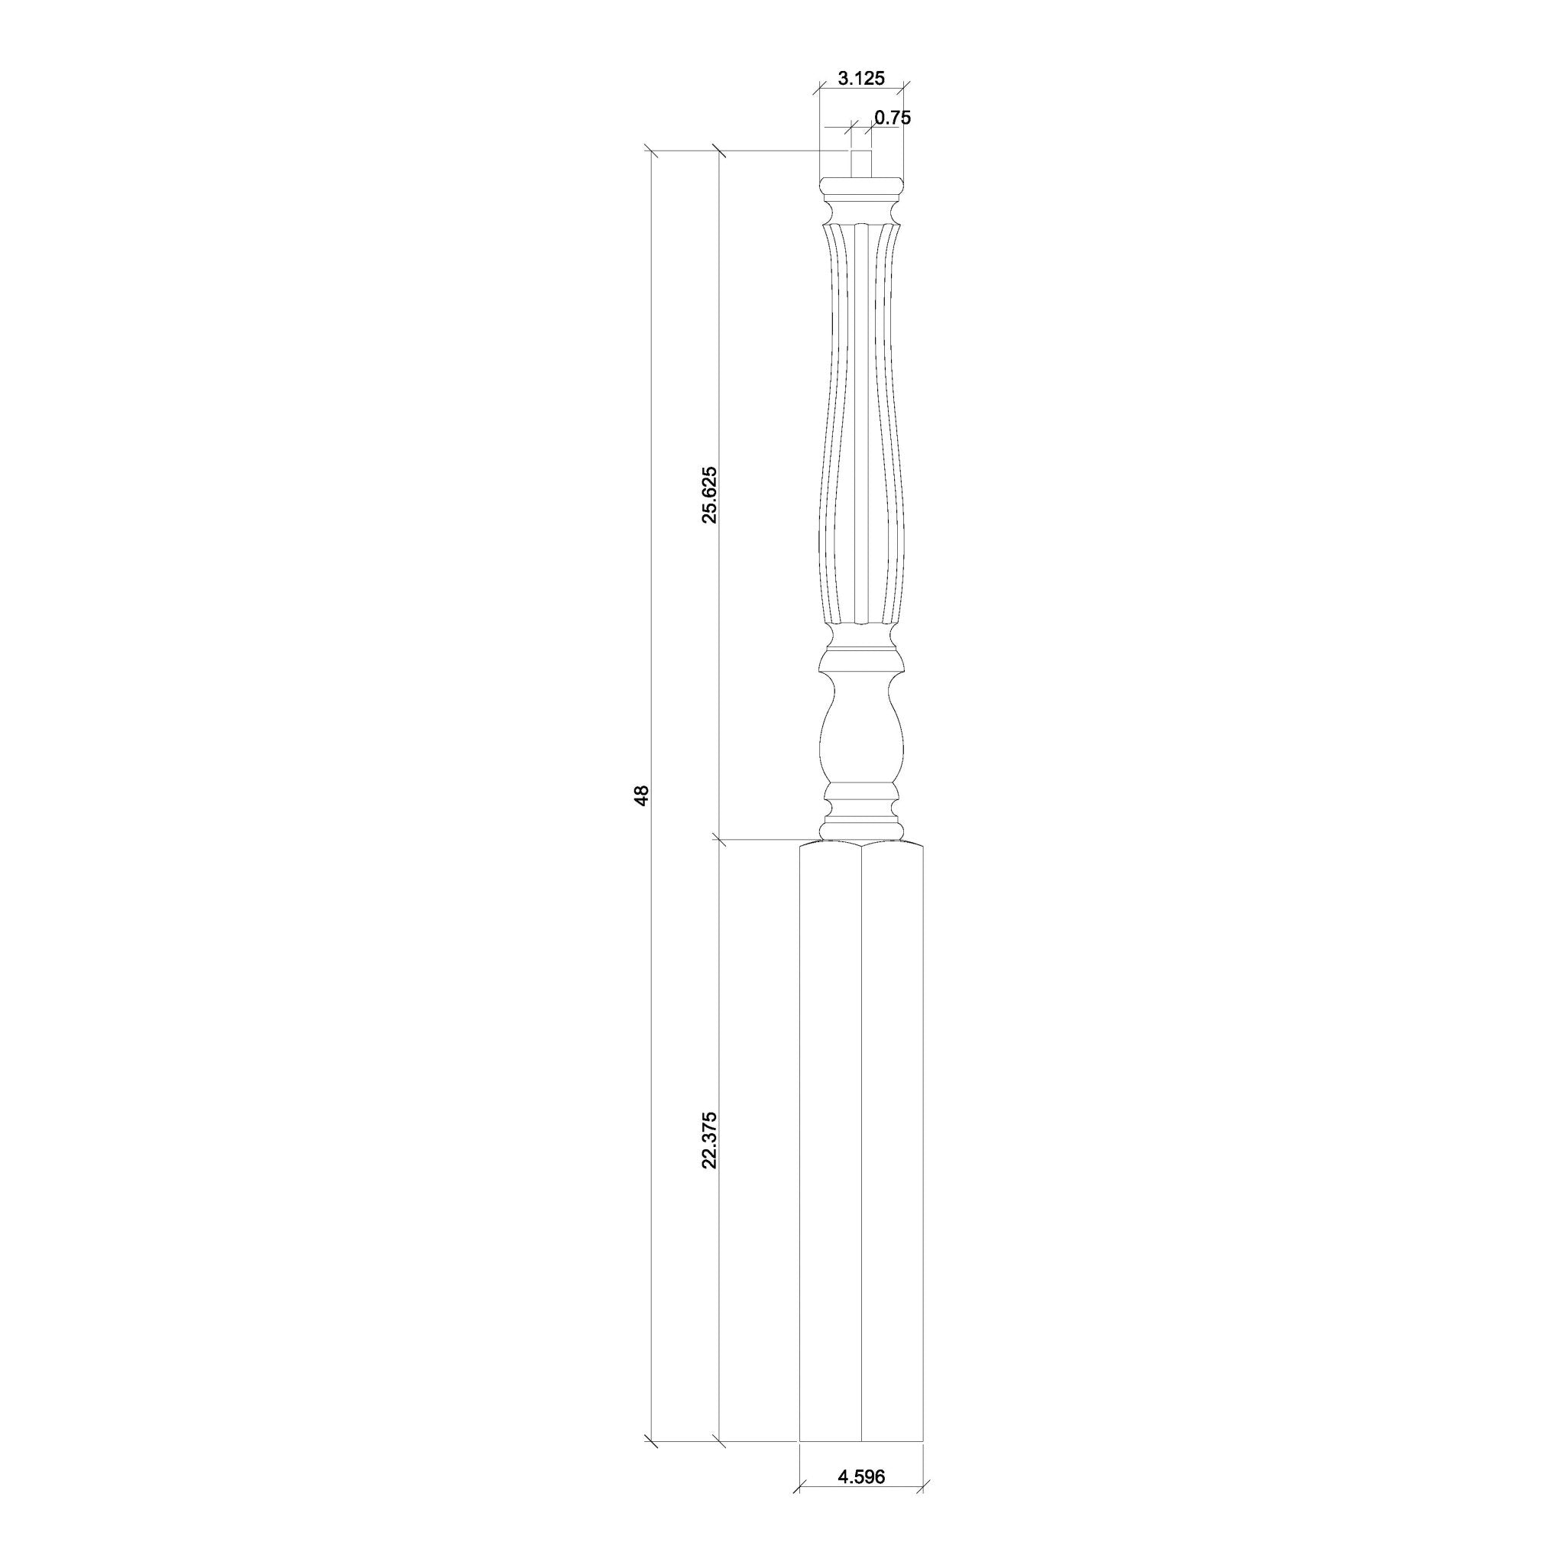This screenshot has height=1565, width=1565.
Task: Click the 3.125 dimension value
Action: [860, 79]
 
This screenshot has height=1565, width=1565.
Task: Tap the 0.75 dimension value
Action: [893, 118]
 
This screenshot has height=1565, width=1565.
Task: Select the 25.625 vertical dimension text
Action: [710, 495]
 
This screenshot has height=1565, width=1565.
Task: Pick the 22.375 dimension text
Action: [710, 1139]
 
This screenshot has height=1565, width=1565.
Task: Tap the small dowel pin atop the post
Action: [860, 164]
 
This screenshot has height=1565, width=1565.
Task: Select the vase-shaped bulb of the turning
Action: [860, 739]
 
